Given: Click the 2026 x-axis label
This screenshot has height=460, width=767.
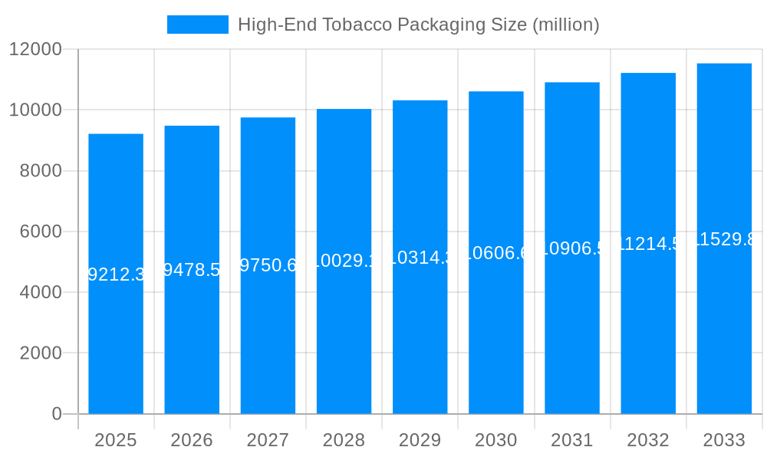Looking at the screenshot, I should click(x=192, y=440).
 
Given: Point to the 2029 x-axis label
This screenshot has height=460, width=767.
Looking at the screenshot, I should click(x=420, y=440).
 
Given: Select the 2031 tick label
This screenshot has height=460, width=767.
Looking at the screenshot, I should click(x=572, y=440).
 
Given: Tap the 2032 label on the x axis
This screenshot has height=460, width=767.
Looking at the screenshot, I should click(x=648, y=440).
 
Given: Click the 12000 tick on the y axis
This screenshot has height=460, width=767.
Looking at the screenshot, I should click(x=35, y=49).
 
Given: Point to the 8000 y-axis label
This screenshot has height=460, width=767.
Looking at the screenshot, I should click(x=41, y=171).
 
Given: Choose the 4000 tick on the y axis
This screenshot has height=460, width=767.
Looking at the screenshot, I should click(x=41, y=292).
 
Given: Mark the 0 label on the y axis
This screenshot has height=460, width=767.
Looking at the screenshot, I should click(x=57, y=414).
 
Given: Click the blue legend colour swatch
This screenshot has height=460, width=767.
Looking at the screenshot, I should click(x=198, y=25).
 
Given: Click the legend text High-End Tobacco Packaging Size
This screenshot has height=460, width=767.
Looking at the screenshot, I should click(x=418, y=25).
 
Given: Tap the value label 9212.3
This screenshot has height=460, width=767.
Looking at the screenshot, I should click(x=116, y=274).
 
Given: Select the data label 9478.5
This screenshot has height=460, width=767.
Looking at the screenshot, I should click(x=192, y=270).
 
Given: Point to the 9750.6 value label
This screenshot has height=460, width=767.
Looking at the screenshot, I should click(x=268, y=265).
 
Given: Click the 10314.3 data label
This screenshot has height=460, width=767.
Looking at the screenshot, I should click(x=420, y=258).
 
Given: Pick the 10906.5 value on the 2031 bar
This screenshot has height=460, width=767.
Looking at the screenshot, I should click(x=572, y=248).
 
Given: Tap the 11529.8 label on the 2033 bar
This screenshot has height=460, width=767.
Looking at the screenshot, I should click(x=724, y=239).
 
